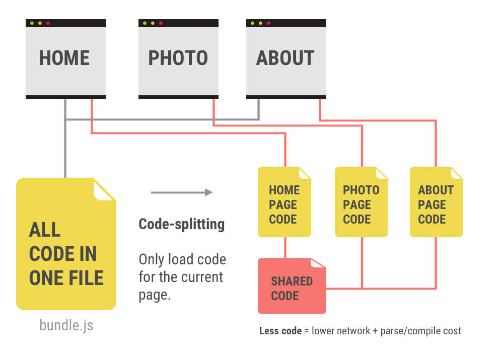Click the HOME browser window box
pyautogui.click(x=65, y=58)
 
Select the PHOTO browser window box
pyautogui.click(x=178, y=58)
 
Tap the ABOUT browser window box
pyautogui.click(x=285, y=58)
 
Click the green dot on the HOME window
pyautogui.click(x=32, y=23)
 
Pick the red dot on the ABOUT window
pyautogui.click(x=268, y=23)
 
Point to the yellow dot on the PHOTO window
pyautogui.click(x=153, y=23)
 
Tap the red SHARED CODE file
pyautogui.click(x=292, y=287)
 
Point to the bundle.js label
pyautogui.click(x=66, y=325)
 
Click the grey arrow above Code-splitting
pyautogui.click(x=182, y=192)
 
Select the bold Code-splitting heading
pyautogui.click(x=182, y=224)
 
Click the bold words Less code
pyautogui.click(x=279, y=331)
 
